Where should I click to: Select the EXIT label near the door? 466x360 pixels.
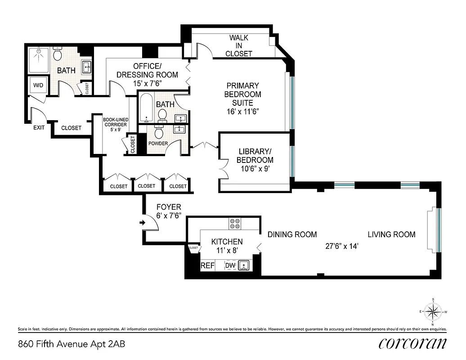pos(39,127)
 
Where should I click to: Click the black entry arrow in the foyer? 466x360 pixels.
pos(143,222)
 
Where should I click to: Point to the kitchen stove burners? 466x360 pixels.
pos(235,224)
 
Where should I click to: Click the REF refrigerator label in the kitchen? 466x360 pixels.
pos(207,265)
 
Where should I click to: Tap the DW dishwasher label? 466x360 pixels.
pos(230,265)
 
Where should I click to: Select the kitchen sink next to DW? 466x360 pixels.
pos(243,265)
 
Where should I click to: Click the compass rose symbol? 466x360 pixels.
pos(433,310)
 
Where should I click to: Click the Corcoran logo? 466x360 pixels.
pos(412,343)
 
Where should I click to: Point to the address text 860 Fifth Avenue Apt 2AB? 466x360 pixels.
pos(72,345)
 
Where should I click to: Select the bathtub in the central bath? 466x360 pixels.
pos(146,108)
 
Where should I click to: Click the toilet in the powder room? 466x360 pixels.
pos(159,133)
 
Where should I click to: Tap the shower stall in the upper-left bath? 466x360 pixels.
pos(39,60)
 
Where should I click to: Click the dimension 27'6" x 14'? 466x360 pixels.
pos(341,246)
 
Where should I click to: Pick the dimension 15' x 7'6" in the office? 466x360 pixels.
pos(147,83)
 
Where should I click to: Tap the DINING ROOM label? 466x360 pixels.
pos(292,234)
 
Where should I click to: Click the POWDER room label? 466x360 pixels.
pos(158,144)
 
